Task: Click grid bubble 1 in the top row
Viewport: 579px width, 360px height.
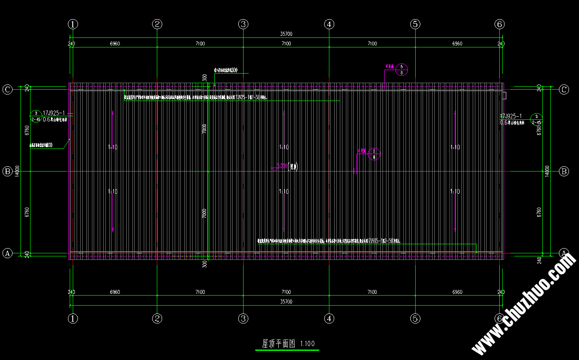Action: (x=73, y=24)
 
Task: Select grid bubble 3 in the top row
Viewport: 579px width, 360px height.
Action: (x=244, y=24)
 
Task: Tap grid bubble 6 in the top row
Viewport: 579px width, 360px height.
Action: (x=500, y=24)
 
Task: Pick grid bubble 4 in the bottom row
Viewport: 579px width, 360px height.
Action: (x=329, y=318)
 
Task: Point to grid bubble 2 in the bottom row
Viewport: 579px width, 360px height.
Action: (x=158, y=318)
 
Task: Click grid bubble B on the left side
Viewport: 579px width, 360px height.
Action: (x=7, y=172)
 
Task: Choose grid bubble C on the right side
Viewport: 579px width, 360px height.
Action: (x=564, y=90)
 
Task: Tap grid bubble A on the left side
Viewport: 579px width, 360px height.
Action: (x=7, y=253)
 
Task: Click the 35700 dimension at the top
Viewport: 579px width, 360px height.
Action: (x=286, y=34)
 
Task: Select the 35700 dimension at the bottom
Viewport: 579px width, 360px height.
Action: (x=286, y=301)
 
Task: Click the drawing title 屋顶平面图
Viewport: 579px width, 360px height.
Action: (x=278, y=343)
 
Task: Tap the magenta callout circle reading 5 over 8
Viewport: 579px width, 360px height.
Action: (x=402, y=70)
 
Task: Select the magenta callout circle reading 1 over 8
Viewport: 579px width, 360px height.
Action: (x=374, y=154)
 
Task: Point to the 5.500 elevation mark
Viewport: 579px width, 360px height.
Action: (x=282, y=165)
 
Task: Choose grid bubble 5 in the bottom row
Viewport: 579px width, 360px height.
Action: (x=415, y=318)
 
